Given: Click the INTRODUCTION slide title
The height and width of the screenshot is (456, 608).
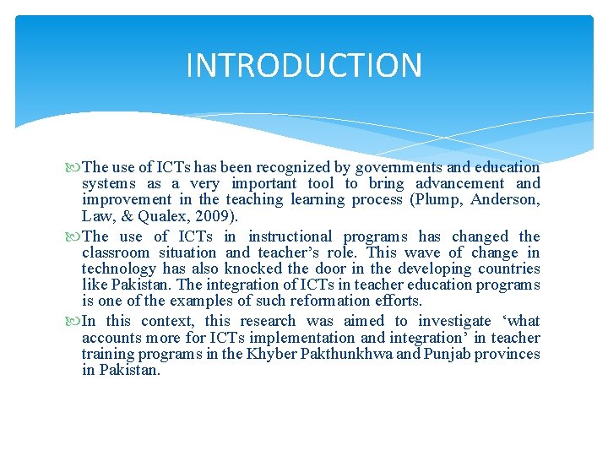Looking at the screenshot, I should [304, 65].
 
